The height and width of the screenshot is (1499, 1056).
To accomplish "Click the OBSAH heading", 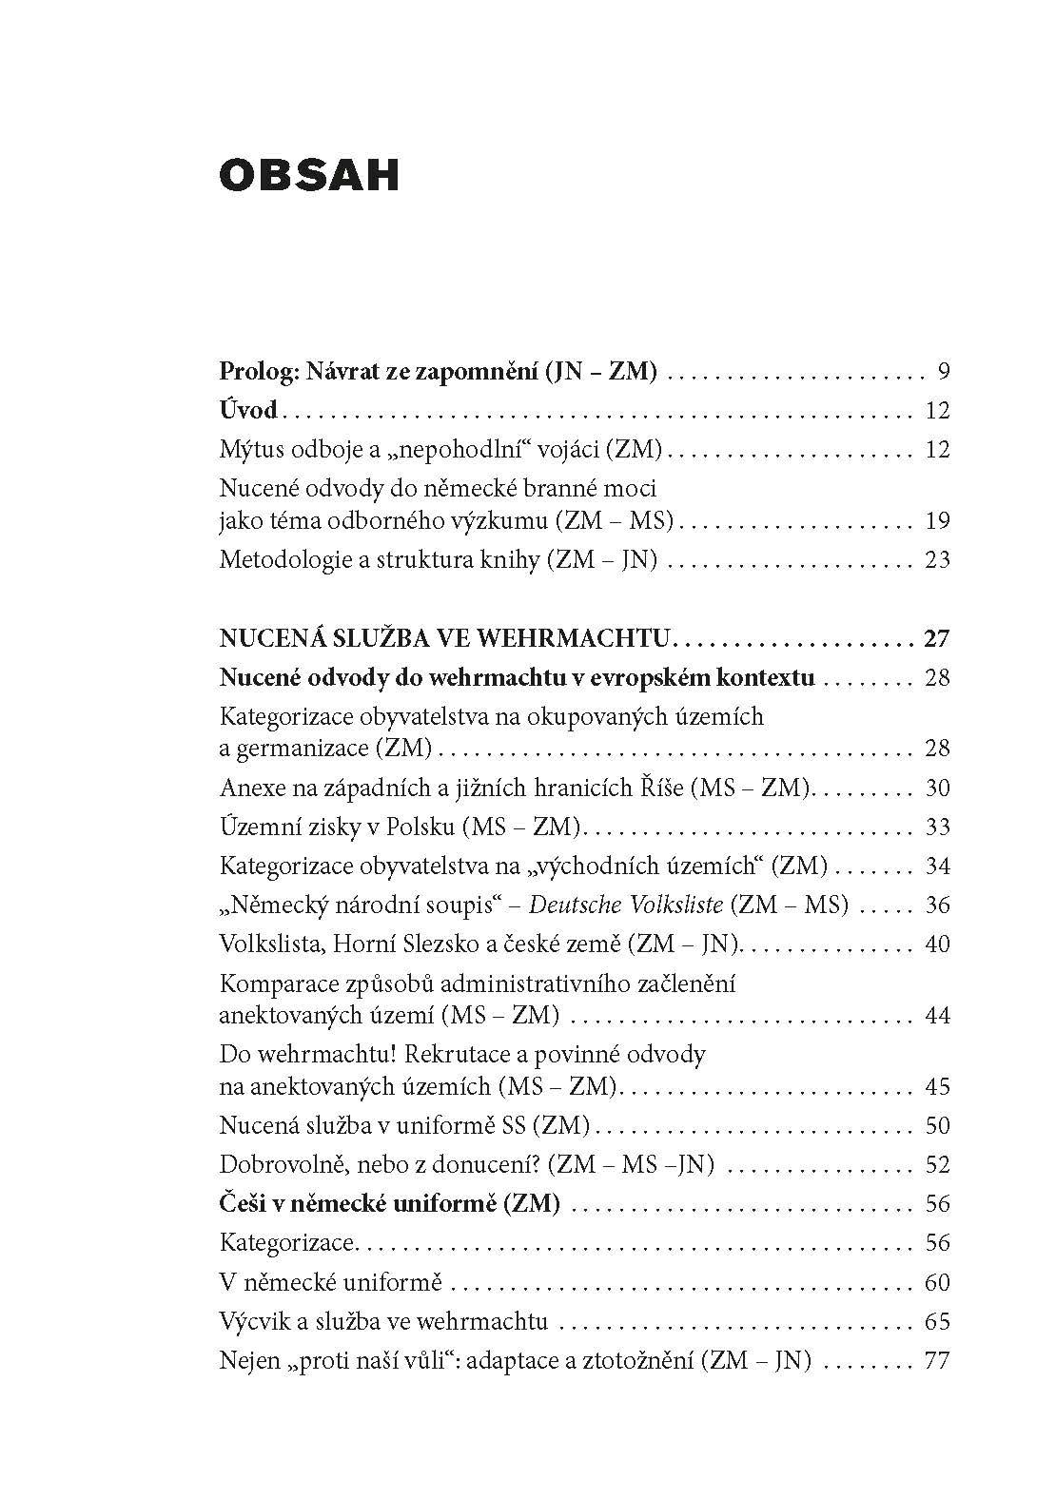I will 308,175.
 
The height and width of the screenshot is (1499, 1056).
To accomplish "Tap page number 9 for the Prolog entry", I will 942,371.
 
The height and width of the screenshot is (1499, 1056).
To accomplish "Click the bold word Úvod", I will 247,410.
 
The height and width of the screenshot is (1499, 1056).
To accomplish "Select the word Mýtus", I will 250,449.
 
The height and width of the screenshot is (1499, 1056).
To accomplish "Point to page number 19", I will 937,520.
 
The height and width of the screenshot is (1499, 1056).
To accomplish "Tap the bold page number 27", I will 936,637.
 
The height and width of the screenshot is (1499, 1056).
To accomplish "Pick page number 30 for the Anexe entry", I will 937,788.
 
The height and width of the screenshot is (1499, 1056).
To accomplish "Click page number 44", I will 937,1015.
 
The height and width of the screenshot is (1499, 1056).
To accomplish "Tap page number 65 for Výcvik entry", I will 937,1321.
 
